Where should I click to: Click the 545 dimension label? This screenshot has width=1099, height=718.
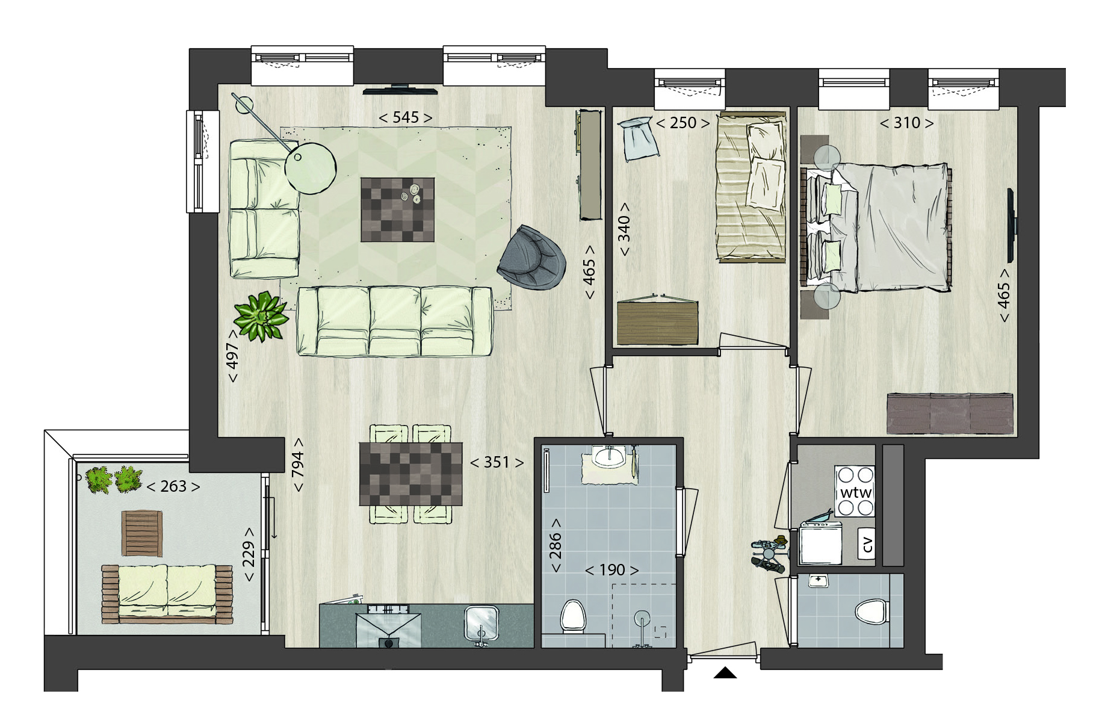pos(405,117)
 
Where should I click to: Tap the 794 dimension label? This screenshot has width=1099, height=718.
pos(297,465)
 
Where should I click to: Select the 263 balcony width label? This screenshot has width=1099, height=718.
pos(173,486)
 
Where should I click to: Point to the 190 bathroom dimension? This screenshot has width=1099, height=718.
pos(612,569)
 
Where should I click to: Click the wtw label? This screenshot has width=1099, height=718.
pos(856,493)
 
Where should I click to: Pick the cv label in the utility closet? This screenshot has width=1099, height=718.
pos(867,544)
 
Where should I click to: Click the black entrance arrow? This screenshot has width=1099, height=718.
pos(725,672)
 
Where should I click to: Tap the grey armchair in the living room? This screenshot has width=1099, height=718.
pos(531,258)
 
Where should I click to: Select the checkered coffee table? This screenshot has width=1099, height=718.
pos(397,209)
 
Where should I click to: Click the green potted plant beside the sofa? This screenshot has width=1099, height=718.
pos(261,315)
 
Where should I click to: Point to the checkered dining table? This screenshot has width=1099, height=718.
pos(411,474)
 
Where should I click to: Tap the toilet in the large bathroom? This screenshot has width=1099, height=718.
pos(573,617)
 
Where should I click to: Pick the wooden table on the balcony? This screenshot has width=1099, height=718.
pos(142,533)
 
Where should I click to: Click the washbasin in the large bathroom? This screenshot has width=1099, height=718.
pos(608,457)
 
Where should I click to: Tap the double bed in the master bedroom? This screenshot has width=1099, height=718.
pos(876,227)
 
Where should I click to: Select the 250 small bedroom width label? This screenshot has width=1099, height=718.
pos(683,123)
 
